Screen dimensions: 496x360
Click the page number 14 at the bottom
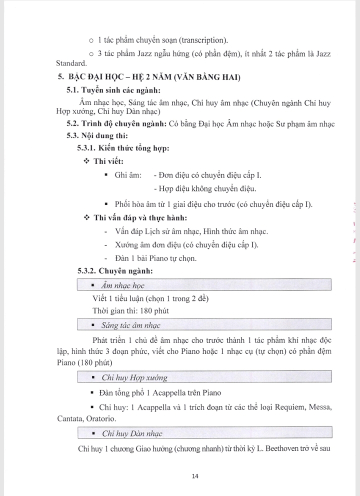pos(195,476)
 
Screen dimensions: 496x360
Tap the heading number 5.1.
pos(74,90)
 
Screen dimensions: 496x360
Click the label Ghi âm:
pos(128,175)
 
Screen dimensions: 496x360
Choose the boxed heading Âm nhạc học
pos(122,285)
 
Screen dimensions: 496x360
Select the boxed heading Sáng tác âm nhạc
pos(130,325)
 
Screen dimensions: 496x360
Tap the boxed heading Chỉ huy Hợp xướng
pos(134,377)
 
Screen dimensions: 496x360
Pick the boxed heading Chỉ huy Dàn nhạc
pos(132,433)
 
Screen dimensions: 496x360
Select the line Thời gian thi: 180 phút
pos(130,310)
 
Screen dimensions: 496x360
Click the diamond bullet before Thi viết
pos(86,161)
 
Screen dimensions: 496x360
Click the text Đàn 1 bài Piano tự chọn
pos(155,258)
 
